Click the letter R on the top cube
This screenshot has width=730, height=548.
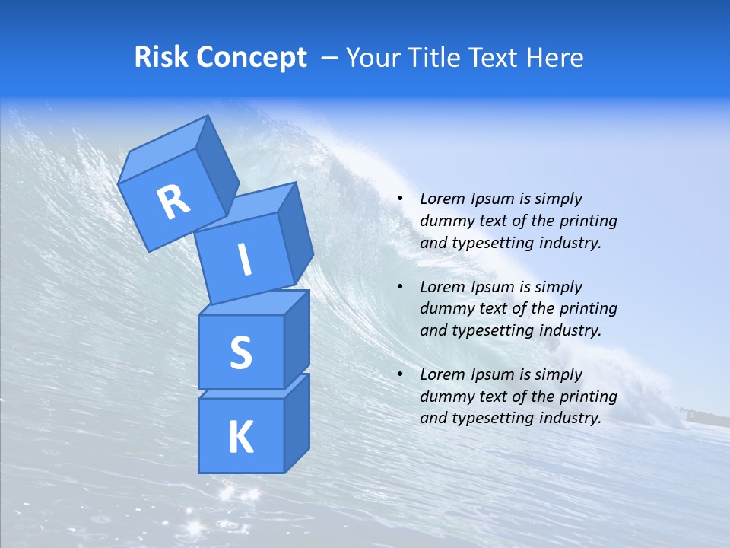coord(173,202)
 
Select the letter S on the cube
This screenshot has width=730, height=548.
coord(240,352)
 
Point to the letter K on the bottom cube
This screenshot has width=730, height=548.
coord(240,437)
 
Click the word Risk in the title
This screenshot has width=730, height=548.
coord(163,58)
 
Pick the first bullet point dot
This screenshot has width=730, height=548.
coord(400,199)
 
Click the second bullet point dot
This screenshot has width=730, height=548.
coord(400,288)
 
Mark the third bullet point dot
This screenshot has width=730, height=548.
coord(400,375)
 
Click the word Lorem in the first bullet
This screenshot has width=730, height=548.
coord(441,199)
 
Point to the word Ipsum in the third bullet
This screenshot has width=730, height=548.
coord(492,374)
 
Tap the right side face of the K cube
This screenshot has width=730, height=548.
coord(297,422)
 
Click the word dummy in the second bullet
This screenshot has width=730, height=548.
coord(446,309)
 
